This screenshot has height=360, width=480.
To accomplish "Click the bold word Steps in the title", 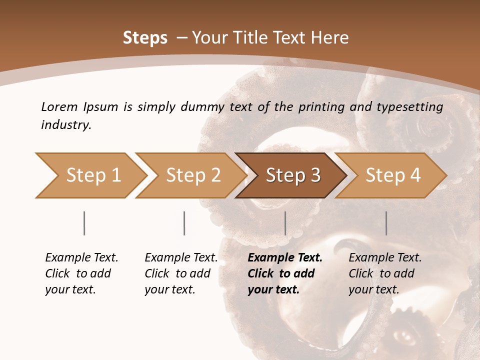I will [145, 38].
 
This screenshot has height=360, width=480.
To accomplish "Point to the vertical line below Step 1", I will [84, 223].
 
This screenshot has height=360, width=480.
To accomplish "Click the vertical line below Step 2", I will [184, 223].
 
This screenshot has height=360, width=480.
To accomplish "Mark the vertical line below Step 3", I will [285, 223].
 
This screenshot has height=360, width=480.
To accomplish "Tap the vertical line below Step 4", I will [386, 223].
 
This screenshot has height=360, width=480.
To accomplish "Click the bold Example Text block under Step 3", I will [284, 273].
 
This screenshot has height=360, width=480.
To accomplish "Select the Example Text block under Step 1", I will [81, 273].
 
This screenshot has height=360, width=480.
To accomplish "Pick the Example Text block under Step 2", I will [181, 273].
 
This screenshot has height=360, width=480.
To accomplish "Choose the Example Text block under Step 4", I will [385, 273].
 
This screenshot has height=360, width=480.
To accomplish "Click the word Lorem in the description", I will [59, 106].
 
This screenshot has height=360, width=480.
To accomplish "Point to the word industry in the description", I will [66, 125].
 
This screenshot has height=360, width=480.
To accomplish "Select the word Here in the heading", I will [332, 38].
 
